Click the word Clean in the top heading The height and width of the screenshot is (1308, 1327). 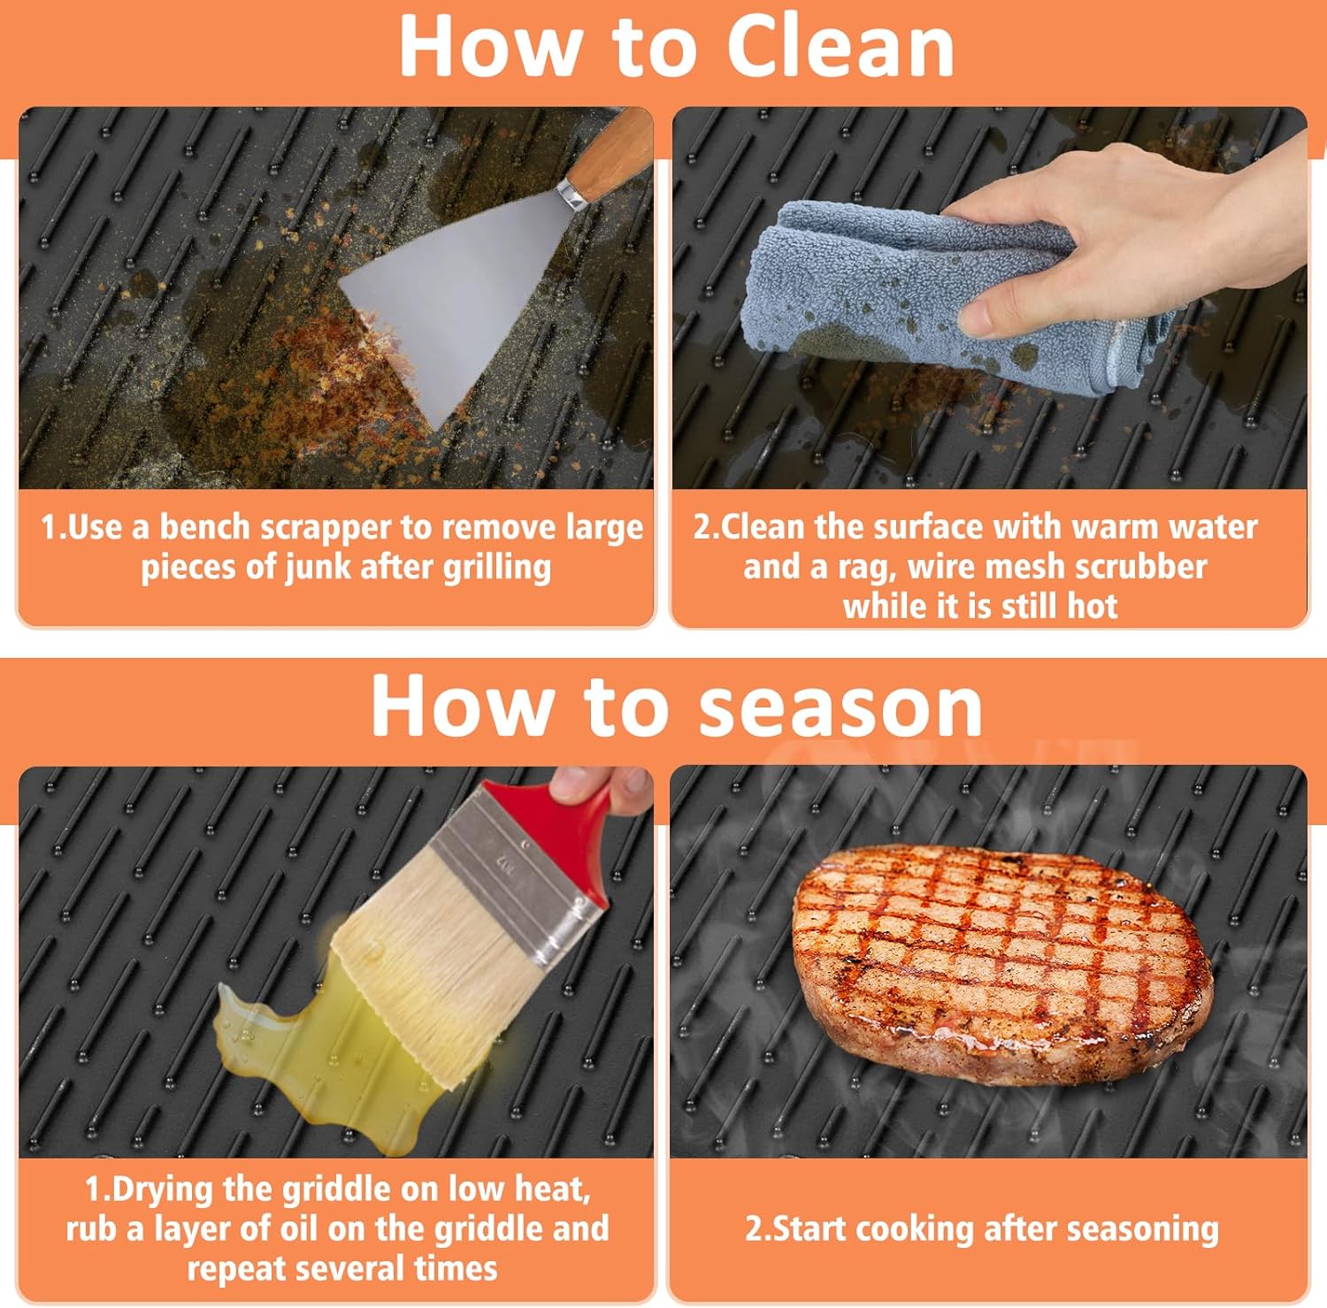pyautogui.click(x=840, y=47)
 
